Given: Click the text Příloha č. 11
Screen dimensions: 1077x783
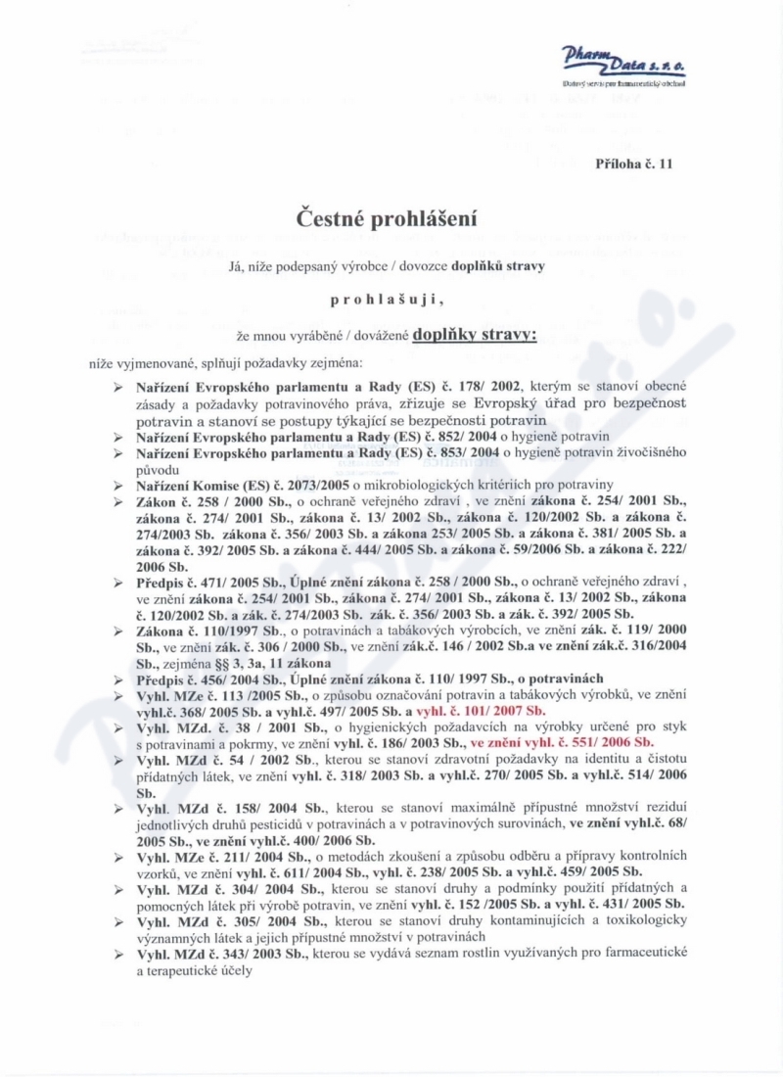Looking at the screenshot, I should pyautogui.click(x=634, y=164).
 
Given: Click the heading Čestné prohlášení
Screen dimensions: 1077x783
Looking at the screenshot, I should pyautogui.click(x=391, y=218).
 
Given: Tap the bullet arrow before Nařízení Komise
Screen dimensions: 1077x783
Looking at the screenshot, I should pyautogui.click(x=117, y=484).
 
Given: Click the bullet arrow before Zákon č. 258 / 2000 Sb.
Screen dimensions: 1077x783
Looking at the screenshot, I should pyautogui.click(x=117, y=500).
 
